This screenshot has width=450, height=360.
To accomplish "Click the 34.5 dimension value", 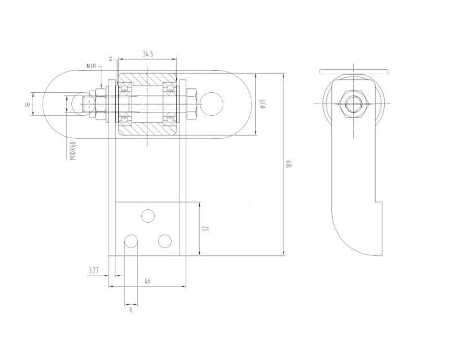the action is click(x=147, y=53).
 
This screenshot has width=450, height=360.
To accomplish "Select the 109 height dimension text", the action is click(x=289, y=164).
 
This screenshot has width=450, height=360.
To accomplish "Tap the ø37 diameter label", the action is click(x=263, y=103).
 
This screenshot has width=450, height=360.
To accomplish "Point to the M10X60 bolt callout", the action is click(x=74, y=150).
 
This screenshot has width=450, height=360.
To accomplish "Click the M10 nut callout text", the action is click(x=91, y=66).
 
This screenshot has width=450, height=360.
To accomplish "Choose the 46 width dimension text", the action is click(x=147, y=281).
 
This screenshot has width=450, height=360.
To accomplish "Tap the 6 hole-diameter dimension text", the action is click(x=131, y=310).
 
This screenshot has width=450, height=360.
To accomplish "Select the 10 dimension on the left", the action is click(x=27, y=105).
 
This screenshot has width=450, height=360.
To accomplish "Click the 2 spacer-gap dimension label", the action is click(x=111, y=59).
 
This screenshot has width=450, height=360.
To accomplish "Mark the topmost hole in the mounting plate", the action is click(x=148, y=216).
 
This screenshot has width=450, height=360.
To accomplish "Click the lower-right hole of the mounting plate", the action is click(x=165, y=241).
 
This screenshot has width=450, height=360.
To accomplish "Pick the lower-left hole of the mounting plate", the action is click(x=131, y=241).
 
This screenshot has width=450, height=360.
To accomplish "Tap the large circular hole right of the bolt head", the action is click(x=211, y=104).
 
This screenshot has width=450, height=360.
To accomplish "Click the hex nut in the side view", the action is click(x=352, y=104).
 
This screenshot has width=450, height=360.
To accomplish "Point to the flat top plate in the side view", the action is click(x=354, y=71).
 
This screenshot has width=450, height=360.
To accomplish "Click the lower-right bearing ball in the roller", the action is click(x=170, y=118).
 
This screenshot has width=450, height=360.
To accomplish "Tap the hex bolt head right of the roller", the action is click(x=191, y=104).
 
